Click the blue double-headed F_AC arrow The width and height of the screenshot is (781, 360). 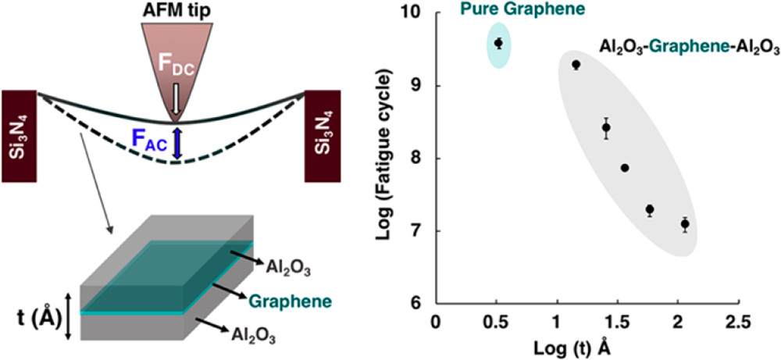pyautogui.click(x=177, y=144)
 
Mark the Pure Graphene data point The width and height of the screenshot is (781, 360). pyautogui.click(x=498, y=43)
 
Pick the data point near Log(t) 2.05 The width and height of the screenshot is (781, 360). pyautogui.click(x=685, y=224)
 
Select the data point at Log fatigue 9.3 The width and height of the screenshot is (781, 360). pyautogui.click(x=576, y=65)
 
